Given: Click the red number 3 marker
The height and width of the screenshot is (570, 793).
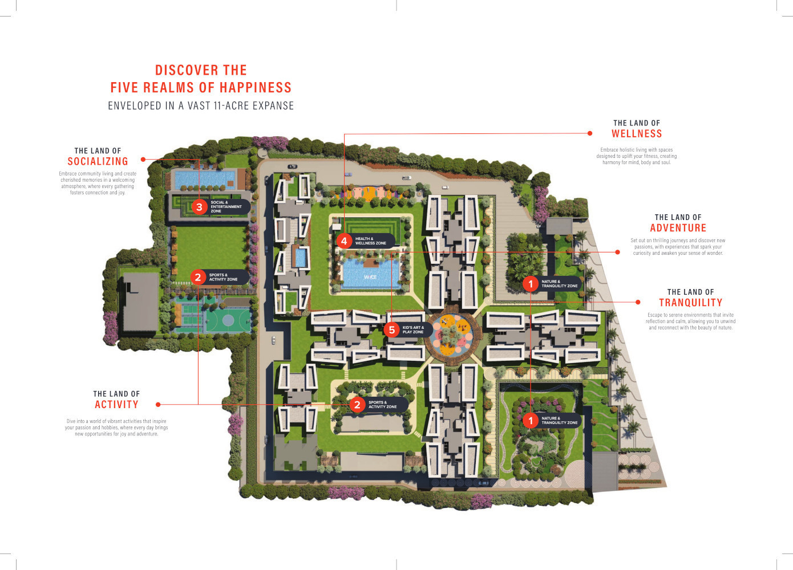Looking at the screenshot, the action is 199,207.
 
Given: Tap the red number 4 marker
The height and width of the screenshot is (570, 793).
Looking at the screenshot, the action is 344,241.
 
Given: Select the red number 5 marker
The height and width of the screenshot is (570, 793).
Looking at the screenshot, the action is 391,330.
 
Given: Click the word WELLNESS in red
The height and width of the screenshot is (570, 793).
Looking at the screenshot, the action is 637,133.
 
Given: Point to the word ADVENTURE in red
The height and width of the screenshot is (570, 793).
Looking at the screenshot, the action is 678,228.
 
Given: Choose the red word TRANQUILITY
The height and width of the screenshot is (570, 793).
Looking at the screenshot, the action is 690,302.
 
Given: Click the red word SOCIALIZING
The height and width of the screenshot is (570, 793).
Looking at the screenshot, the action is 98,161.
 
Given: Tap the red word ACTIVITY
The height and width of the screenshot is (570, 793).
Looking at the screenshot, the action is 116,404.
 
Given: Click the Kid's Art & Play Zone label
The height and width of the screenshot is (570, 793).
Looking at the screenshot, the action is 413,330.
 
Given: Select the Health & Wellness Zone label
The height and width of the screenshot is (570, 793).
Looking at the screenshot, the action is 371,241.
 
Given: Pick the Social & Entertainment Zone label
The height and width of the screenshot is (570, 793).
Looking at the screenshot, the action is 226,207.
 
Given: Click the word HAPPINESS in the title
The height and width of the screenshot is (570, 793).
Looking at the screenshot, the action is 252,87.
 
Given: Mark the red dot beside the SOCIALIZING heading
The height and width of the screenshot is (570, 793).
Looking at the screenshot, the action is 143,160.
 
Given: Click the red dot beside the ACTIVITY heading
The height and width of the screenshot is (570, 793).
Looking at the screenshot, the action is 158,405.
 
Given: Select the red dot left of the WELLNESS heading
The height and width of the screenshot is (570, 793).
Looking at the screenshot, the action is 590,133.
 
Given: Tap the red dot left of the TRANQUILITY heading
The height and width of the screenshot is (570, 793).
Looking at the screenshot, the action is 638,302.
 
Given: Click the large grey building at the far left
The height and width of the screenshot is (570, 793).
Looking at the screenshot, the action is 140,302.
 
